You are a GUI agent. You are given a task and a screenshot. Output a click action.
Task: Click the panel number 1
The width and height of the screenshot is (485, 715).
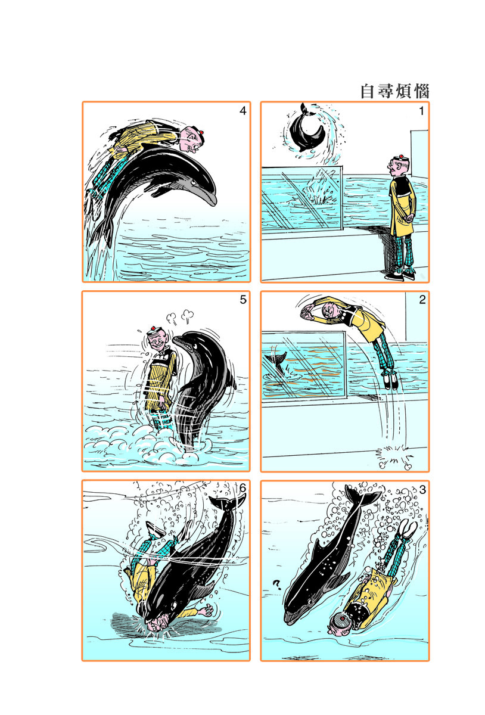pyautogui.click(x=421, y=111)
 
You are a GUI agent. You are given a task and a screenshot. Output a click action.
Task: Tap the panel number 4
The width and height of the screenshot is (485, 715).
pyautogui.click(x=243, y=111)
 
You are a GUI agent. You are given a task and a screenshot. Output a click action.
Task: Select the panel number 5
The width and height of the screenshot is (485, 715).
pyautogui.click(x=243, y=300)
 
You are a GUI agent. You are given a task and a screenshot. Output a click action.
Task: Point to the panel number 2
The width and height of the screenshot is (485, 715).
pyautogui.click(x=422, y=300)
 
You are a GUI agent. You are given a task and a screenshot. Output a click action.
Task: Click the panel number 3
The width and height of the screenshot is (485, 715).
pyautogui.click(x=422, y=490)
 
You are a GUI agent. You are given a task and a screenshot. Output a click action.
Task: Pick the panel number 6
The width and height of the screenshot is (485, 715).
pyautogui.click(x=242, y=489)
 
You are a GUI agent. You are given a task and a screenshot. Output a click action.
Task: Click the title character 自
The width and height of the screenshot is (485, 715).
pyautogui.click(x=367, y=92)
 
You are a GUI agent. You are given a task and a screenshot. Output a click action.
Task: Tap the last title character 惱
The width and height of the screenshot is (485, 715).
pyautogui.click(x=421, y=92)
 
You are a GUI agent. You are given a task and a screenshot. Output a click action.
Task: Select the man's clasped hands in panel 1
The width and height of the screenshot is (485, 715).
pyautogui.click(x=408, y=218)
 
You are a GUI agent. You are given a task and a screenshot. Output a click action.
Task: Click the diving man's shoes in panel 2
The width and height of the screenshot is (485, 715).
pyautogui.click(x=391, y=380)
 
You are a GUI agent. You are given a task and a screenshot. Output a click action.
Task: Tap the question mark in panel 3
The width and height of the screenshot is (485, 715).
pyautogui.click(x=277, y=585)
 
